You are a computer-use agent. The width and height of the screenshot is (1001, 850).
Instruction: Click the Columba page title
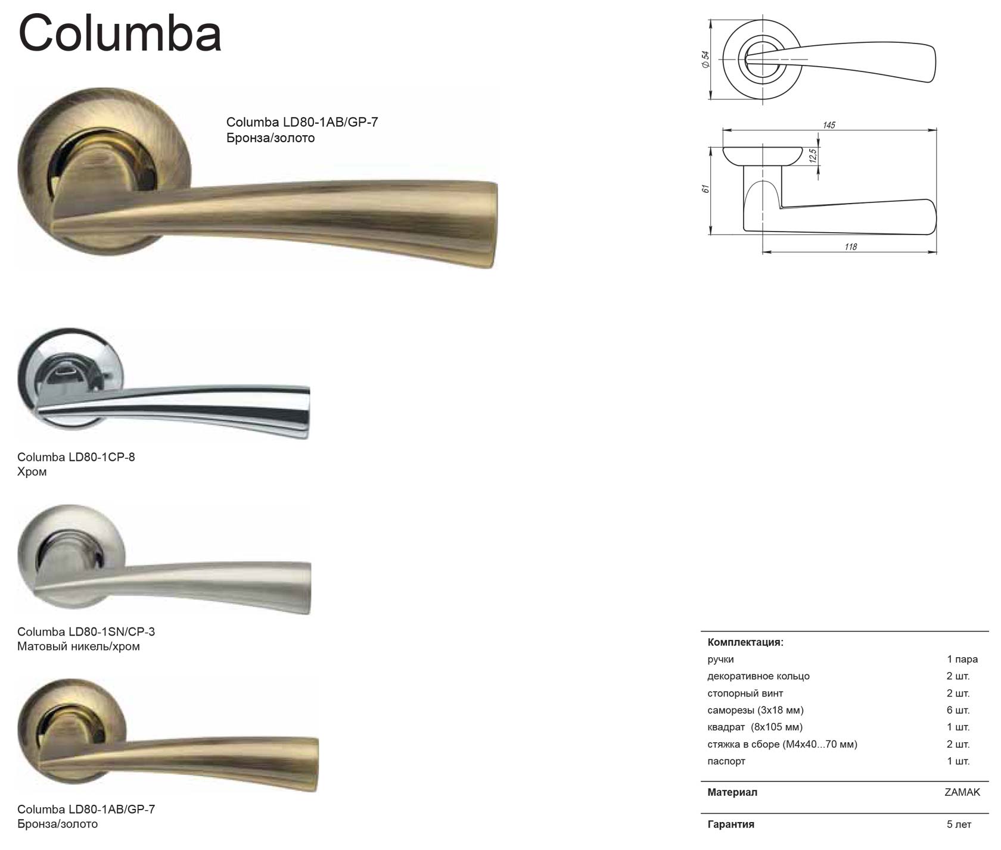click(x=120, y=33)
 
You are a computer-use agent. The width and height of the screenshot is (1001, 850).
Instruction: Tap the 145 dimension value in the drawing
click(x=829, y=125)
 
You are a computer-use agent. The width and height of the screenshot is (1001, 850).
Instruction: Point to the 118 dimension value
click(x=850, y=246)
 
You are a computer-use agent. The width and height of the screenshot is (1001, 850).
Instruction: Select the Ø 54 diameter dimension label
click(x=705, y=60)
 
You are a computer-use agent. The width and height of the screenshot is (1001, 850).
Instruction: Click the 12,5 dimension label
click(x=813, y=156)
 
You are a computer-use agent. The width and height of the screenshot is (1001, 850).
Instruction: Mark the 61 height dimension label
click(x=705, y=189)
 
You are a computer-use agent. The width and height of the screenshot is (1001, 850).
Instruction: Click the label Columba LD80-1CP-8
click(x=76, y=457)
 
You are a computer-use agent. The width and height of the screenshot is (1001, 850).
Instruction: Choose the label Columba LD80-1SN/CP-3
click(x=86, y=632)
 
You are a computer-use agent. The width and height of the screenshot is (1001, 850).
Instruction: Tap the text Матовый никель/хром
click(x=79, y=646)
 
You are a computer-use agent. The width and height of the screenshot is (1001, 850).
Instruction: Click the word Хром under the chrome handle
click(x=32, y=472)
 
